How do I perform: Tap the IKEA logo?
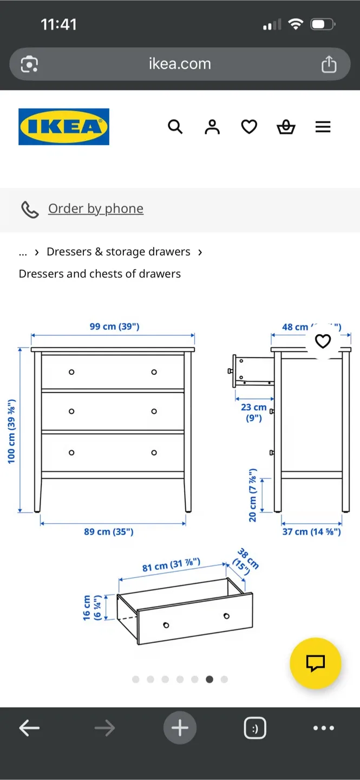point(64,127)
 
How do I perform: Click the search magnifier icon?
point(175,127)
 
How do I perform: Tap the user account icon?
point(212,127)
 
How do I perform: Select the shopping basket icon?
point(286,127)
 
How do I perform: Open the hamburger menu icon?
point(323,127)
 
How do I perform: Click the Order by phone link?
point(95,209)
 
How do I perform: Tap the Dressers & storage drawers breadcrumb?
point(119,252)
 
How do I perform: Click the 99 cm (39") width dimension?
point(114,327)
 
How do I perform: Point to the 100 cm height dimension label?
point(11,431)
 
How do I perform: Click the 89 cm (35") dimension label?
point(108,532)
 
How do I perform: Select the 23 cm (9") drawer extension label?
point(254,412)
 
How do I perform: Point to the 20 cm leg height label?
point(253,495)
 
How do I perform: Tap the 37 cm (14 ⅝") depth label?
point(311,532)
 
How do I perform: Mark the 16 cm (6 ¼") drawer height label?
point(91,608)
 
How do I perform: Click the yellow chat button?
point(315,663)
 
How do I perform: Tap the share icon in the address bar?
point(329,64)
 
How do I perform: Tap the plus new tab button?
point(180,728)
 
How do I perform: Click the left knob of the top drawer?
point(71,372)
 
